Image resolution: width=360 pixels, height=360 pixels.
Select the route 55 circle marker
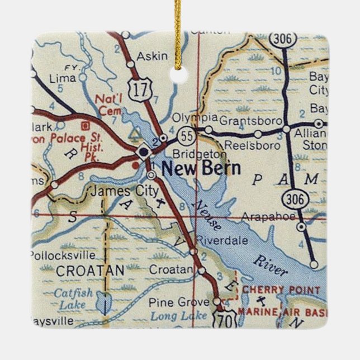click(186, 135)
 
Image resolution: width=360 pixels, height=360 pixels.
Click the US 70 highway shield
click(224, 319)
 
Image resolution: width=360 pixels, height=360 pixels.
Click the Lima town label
click(62, 78)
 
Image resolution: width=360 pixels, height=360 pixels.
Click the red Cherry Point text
click(281, 290)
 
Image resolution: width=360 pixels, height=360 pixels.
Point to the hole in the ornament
click(179, 73)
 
